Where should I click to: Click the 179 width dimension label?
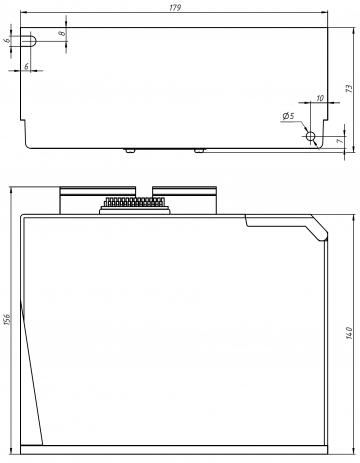(175, 8)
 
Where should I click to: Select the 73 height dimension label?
(349, 89)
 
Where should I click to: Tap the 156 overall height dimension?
(8, 319)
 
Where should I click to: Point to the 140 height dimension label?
(349, 333)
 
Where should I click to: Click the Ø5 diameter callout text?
(288, 116)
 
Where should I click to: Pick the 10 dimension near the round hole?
(320, 98)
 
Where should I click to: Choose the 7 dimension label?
(340, 141)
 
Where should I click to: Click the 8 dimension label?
(62, 34)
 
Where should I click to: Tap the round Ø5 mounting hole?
(310, 136)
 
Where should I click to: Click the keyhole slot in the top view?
(28, 41)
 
